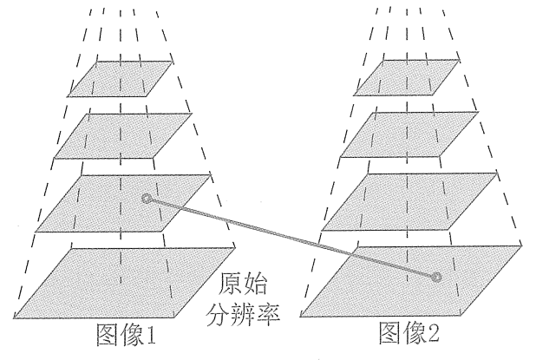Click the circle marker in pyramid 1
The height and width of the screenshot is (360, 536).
click(146, 200)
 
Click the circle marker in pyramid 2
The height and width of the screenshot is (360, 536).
click(437, 277)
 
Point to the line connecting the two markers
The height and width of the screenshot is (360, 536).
click(291, 238)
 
